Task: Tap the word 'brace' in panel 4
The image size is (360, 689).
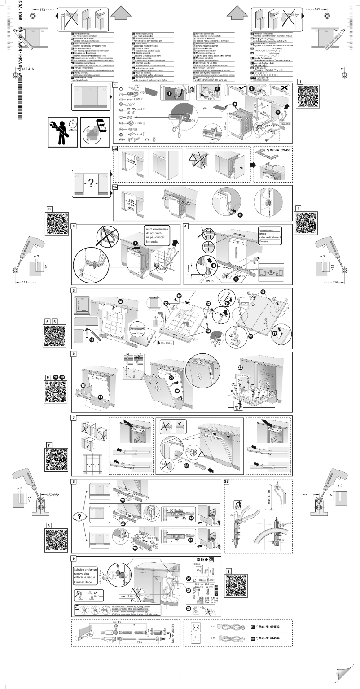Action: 264,235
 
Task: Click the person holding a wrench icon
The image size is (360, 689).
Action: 61,131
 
